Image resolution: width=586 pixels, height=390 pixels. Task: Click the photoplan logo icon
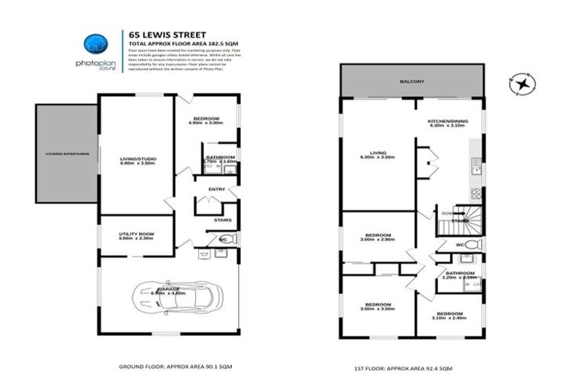point(95,43)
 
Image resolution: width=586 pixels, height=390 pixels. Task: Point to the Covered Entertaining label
point(66,154)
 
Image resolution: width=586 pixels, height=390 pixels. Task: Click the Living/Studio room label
point(137,161)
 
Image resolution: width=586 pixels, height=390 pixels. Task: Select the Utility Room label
point(137,236)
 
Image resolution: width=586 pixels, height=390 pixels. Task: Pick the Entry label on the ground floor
point(217,189)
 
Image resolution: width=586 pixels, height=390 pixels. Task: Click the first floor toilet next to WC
point(472,245)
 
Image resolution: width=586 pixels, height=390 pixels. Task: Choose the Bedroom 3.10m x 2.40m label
point(449,316)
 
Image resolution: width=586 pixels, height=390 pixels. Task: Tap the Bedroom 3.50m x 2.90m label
point(378,237)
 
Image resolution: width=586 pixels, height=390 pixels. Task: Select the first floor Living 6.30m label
point(378,155)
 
